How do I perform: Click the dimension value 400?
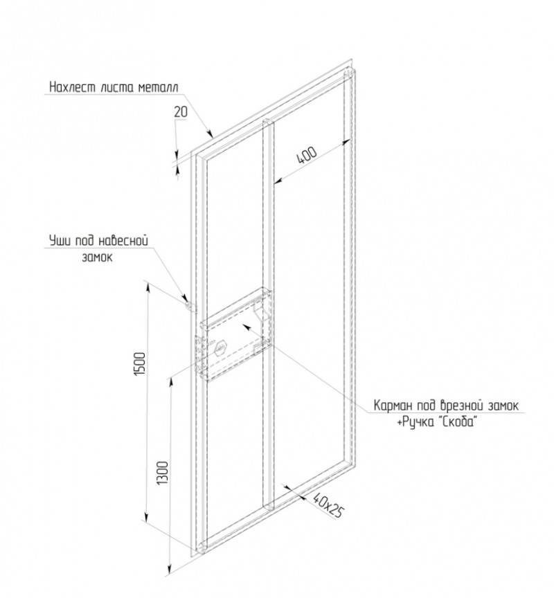(307, 154)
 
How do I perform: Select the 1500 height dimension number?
(140, 363)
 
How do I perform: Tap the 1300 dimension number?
(163, 473)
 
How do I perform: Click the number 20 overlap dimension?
(181, 111)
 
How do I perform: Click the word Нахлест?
(73, 87)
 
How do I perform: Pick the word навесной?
(123, 241)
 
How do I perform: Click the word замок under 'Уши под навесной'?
(98, 257)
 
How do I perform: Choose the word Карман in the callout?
(391, 406)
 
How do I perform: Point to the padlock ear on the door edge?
(188, 306)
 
